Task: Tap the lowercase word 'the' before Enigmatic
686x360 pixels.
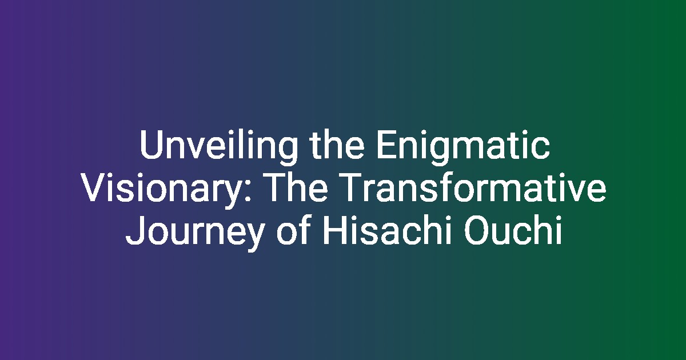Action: click(x=337, y=145)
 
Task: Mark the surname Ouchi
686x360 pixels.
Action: click(x=513, y=230)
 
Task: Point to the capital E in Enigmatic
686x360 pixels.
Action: click(x=386, y=145)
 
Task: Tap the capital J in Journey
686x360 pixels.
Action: click(x=135, y=230)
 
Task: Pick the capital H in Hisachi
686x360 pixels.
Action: click(x=334, y=230)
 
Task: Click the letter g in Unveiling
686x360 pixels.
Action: click(x=287, y=152)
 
